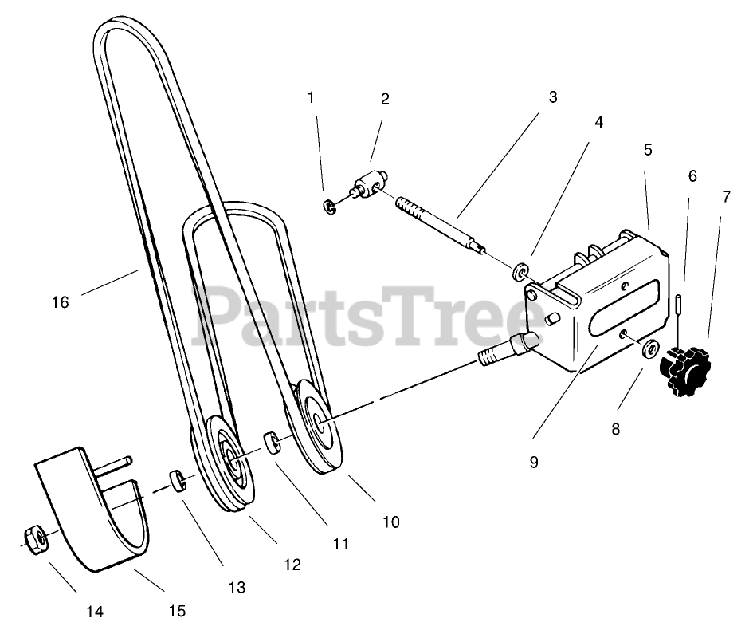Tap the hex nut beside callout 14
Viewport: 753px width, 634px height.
pyautogui.click(x=34, y=539)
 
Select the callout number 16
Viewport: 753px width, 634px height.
pyautogui.click(x=61, y=301)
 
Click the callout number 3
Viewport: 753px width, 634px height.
pyautogui.click(x=552, y=97)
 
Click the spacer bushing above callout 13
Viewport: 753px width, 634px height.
pyautogui.click(x=178, y=481)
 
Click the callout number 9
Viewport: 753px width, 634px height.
pyautogui.click(x=533, y=460)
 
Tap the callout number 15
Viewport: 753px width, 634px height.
pyautogui.click(x=177, y=611)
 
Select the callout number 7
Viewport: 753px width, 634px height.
pyautogui.click(x=725, y=197)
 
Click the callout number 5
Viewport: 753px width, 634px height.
pyautogui.click(x=648, y=149)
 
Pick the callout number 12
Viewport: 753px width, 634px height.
pyautogui.click(x=292, y=564)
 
